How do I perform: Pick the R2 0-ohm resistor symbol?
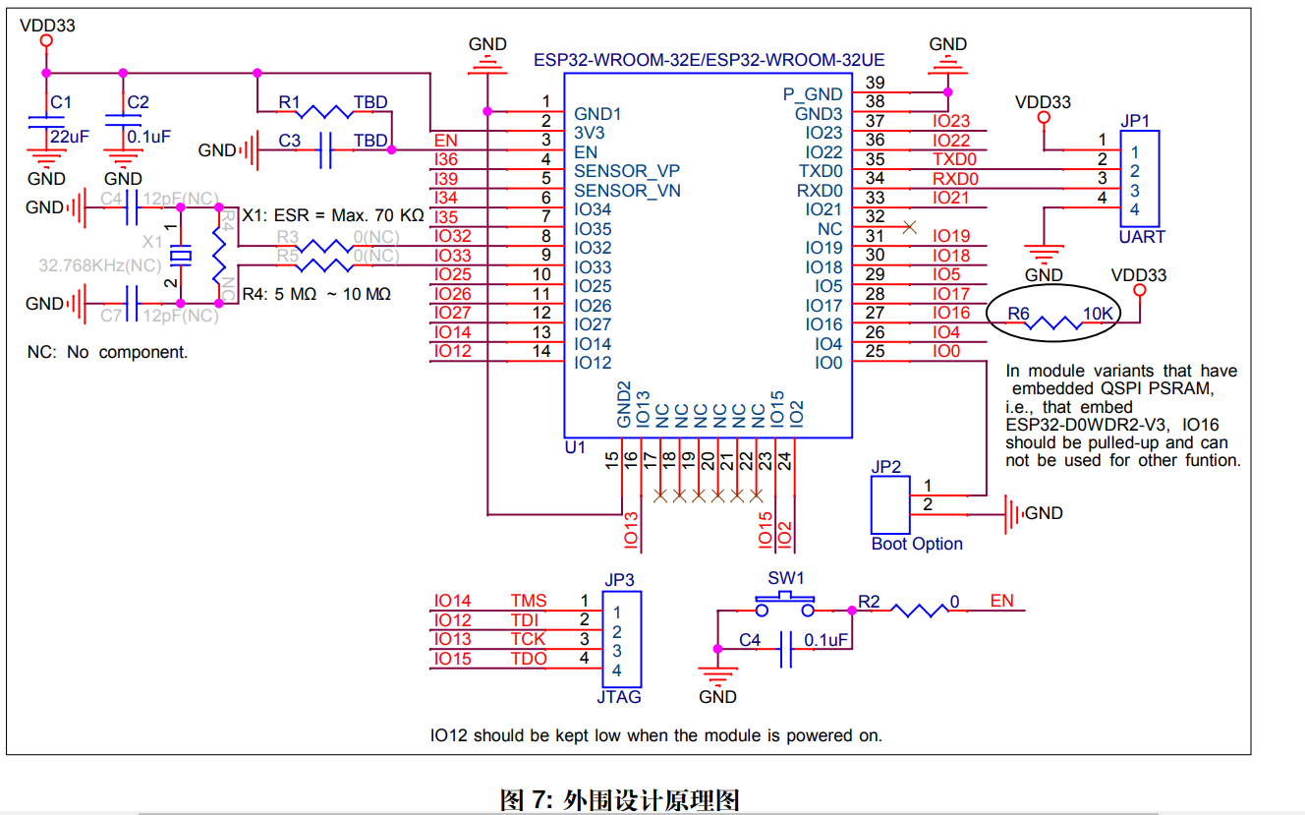click(918, 611)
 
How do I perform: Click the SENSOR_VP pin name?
click(627, 171)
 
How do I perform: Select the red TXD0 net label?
click(954, 159)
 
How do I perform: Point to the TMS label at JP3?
click(528, 601)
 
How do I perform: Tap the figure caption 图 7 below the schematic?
click(619, 799)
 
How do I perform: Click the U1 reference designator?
click(575, 447)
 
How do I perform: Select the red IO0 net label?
click(945, 351)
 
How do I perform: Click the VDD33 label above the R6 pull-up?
click(1139, 275)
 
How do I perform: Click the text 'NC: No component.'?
click(107, 352)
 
